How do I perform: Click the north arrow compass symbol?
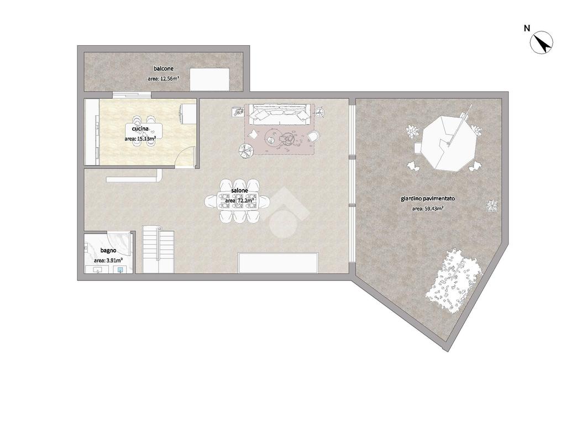click(542, 43)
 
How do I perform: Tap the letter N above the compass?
click(527, 28)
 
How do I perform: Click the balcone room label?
click(164, 68)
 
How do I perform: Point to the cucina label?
click(140, 129)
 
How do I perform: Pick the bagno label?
click(108, 250)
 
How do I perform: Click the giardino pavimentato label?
click(428, 199)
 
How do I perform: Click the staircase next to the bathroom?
click(158, 249)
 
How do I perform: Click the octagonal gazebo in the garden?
click(448, 144)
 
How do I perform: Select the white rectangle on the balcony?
click(210, 79)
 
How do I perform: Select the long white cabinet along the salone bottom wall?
click(278, 263)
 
